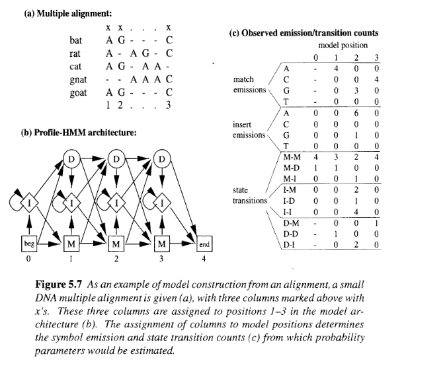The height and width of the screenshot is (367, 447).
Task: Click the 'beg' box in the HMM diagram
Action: [x=29, y=245]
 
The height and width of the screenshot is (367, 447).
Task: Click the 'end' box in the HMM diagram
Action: [x=204, y=245]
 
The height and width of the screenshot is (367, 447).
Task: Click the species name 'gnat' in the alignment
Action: [x=79, y=79]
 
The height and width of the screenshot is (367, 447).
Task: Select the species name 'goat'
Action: [x=79, y=92]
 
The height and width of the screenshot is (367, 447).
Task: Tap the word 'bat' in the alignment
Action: [x=76, y=40]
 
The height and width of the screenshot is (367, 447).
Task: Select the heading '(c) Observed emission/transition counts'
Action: [x=304, y=33]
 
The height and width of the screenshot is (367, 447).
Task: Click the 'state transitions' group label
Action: [x=249, y=195]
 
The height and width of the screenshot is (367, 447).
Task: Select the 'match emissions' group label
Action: [x=249, y=84]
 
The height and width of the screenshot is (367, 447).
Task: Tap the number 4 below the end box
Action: [x=204, y=259]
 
